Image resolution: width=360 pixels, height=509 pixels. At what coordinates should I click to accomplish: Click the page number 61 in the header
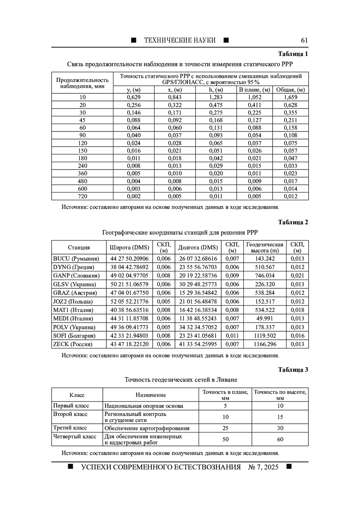point(304,40)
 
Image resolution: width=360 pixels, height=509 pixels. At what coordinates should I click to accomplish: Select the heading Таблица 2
point(293,222)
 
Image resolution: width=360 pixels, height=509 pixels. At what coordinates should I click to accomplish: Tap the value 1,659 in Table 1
point(290,97)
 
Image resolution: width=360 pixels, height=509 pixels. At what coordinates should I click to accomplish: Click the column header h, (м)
point(216,90)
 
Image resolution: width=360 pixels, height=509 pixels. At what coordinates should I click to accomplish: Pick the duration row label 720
point(82,196)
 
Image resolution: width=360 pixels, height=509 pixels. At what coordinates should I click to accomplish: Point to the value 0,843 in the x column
point(175,97)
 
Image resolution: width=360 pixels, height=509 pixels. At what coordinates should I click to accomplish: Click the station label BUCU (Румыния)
point(76,259)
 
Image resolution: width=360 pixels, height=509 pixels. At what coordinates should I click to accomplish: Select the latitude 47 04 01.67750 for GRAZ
point(129,293)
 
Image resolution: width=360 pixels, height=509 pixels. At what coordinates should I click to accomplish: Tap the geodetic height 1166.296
point(265,344)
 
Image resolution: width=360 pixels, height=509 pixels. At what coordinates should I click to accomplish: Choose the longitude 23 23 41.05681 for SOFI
point(198,336)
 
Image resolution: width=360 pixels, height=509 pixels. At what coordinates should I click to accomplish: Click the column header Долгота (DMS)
point(198,247)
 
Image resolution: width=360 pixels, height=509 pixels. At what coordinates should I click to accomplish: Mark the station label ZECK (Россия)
point(73,344)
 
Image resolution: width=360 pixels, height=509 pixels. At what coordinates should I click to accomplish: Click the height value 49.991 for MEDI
point(265,319)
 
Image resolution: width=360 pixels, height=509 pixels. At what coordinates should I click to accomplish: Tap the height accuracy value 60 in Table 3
point(280,439)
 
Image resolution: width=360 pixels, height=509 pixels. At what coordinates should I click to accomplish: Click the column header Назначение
point(151,395)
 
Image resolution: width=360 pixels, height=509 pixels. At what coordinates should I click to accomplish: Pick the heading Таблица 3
point(293,370)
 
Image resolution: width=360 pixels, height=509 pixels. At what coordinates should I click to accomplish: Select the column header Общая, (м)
point(290,90)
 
